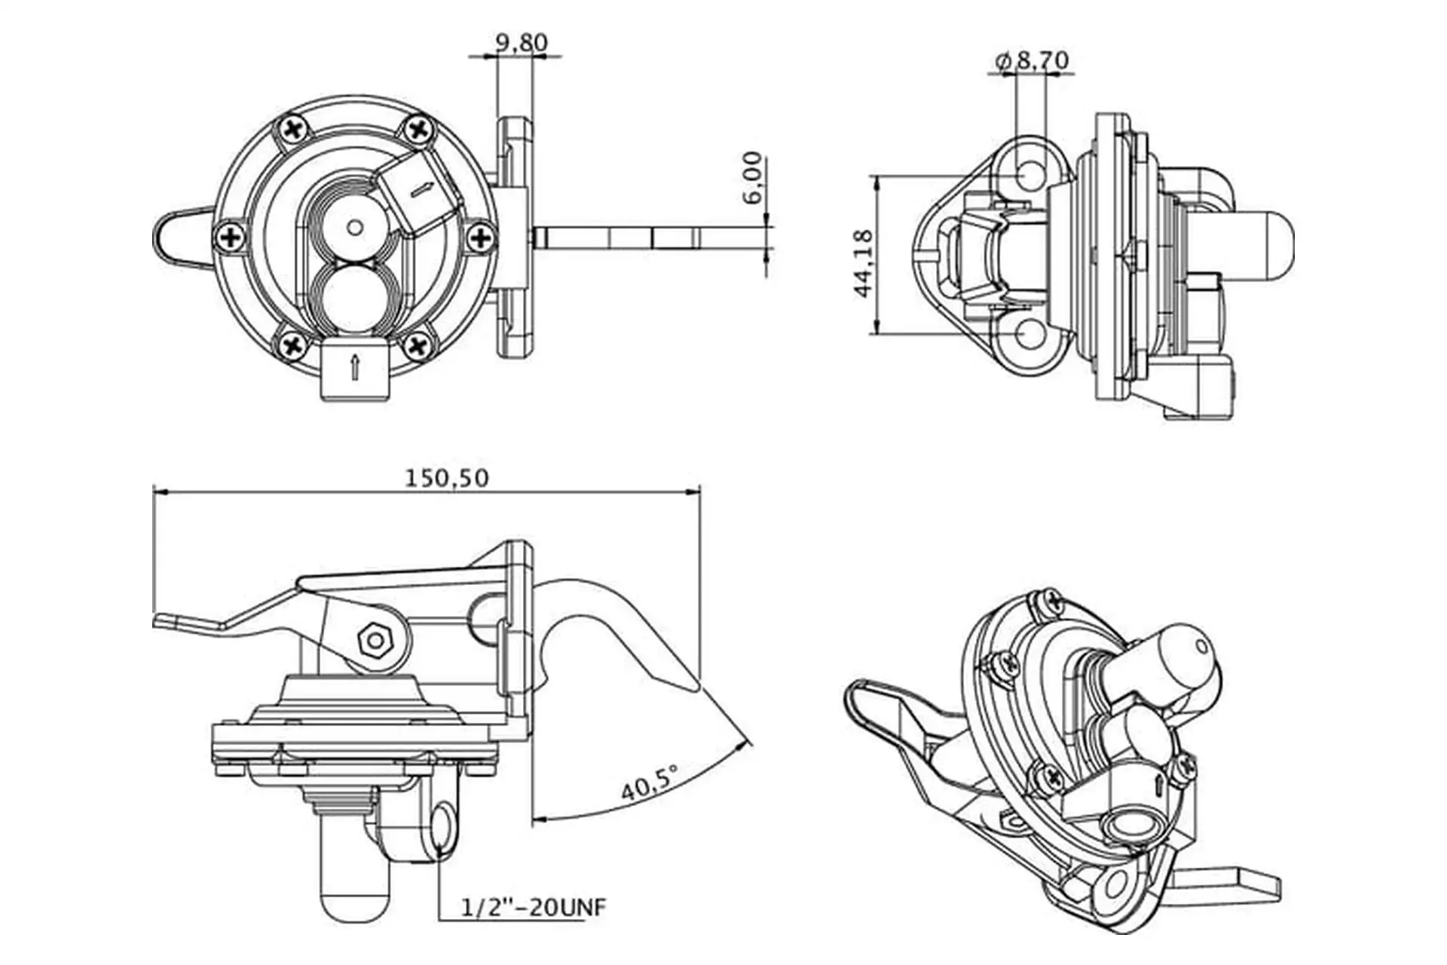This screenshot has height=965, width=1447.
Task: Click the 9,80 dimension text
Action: (522, 42)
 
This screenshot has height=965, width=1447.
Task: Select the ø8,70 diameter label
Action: (1032, 60)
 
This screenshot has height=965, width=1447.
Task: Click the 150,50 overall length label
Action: (447, 478)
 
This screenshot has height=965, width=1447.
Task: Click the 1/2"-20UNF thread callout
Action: (533, 907)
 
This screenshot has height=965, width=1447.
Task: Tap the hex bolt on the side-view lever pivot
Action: (374, 640)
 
